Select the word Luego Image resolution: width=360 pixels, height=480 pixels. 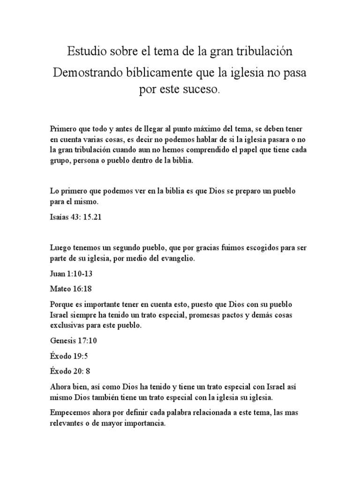pos(58,247)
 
